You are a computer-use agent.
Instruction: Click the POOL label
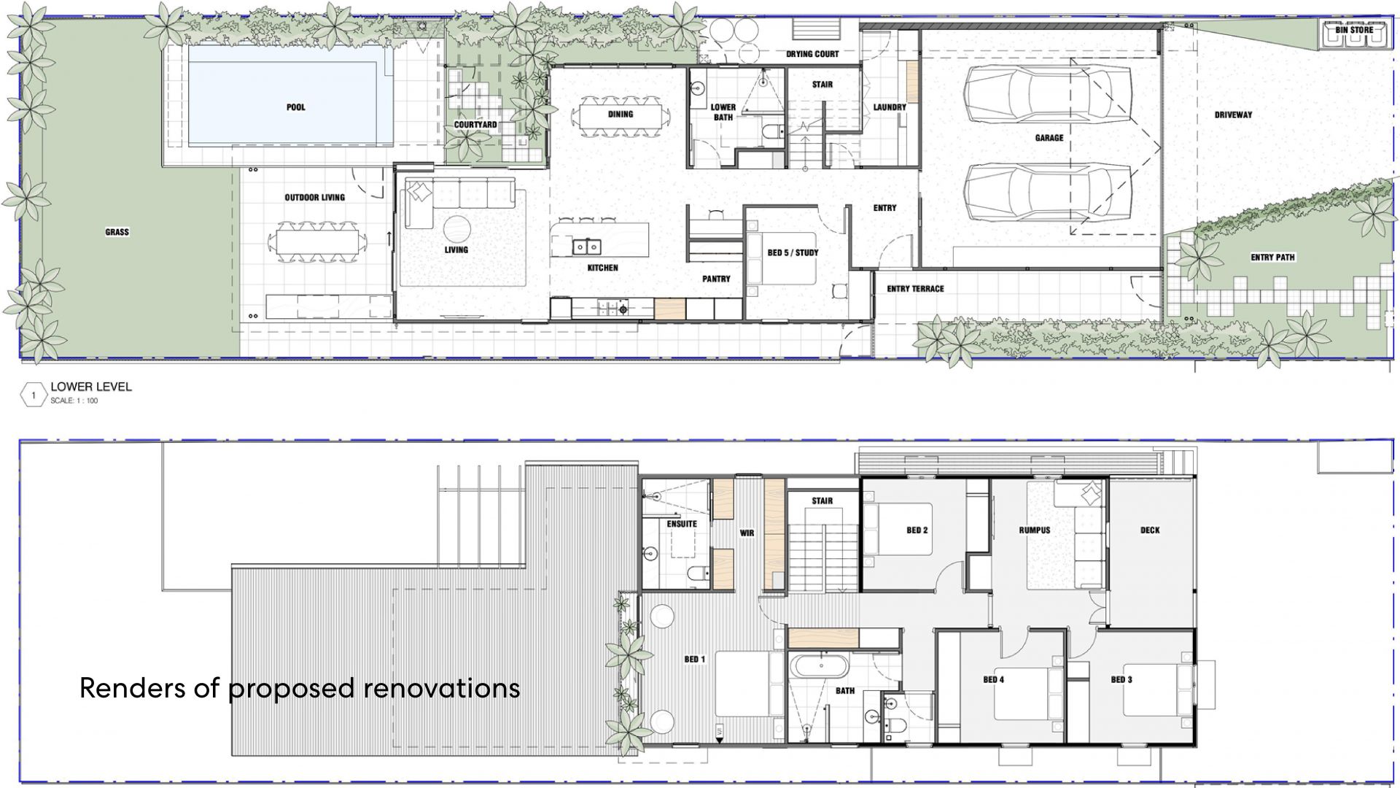point(295,107)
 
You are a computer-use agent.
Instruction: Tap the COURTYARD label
point(475,125)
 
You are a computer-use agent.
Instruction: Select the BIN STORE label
point(1354,30)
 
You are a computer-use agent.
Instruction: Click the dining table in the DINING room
point(621,115)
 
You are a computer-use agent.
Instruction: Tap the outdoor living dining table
point(315,242)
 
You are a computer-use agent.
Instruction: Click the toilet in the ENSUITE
point(697,573)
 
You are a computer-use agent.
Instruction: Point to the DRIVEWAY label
point(1234,115)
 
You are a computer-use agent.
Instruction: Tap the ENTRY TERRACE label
point(915,289)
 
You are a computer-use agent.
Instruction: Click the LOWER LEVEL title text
point(91,387)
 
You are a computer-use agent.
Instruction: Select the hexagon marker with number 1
point(33,395)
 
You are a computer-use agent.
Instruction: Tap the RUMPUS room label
point(1034,530)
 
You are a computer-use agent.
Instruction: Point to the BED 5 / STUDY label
point(793,253)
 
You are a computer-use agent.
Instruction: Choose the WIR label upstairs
point(747,533)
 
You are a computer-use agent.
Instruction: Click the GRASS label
point(117,232)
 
